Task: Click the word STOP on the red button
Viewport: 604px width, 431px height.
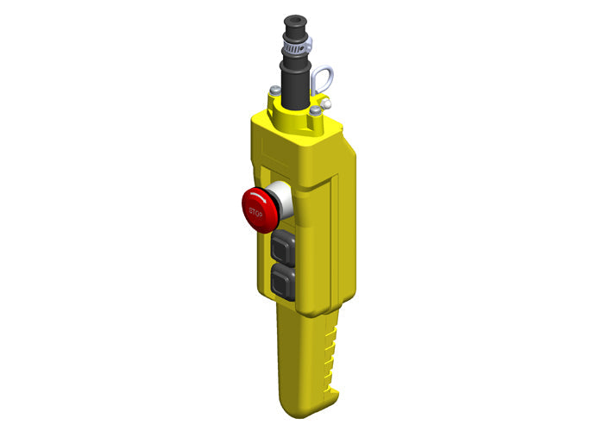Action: click(x=256, y=211)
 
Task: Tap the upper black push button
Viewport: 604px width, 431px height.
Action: click(x=284, y=247)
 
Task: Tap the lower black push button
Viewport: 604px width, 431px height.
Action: click(x=284, y=282)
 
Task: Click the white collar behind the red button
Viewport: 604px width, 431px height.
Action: click(x=281, y=199)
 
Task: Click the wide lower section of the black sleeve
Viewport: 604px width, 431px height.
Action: click(x=296, y=86)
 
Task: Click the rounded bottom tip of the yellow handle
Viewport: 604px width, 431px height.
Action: click(x=298, y=409)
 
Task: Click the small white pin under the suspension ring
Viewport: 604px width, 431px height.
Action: click(x=321, y=100)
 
